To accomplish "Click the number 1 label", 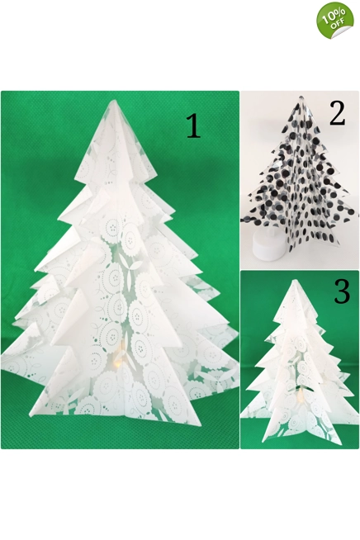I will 192,126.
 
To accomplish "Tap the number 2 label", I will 337,113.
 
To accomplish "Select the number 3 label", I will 342,291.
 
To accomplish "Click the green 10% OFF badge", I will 335,19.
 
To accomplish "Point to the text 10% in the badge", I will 333,16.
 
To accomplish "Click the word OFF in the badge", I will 339,26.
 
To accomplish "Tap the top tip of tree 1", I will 114,100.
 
